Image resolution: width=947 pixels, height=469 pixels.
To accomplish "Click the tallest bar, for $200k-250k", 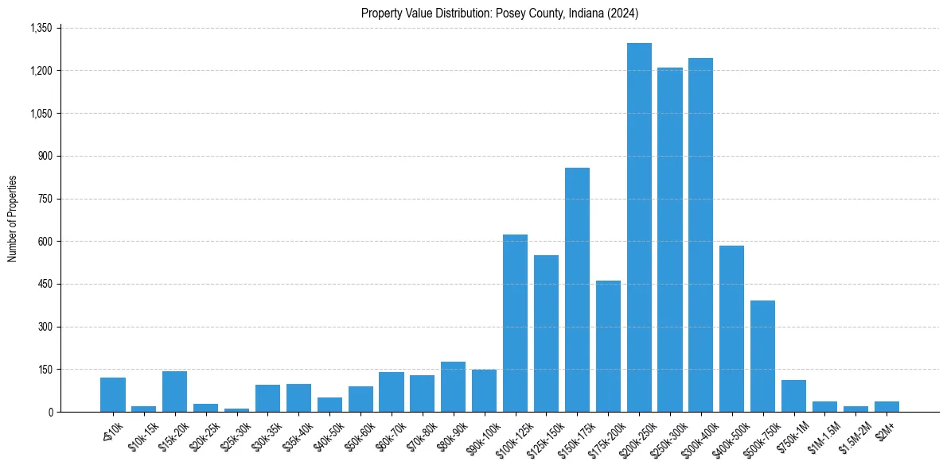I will tap(639, 227).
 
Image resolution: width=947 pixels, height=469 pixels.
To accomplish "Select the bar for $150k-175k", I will tap(577, 290).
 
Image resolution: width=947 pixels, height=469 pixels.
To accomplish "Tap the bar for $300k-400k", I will tap(700, 235).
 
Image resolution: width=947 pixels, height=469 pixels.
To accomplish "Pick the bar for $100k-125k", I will tap(515, 324).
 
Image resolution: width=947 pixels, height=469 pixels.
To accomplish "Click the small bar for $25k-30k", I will tap(236, 409).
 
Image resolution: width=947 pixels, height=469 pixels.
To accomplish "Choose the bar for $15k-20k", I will tap(174, 392).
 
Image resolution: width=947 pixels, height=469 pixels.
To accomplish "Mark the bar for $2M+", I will tap(887, 407).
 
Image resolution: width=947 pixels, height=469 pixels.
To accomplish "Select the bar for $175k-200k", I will tap(608, 347).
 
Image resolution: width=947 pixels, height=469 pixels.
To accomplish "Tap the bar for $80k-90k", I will tap(453, 387).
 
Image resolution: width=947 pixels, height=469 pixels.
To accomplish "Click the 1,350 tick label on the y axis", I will tap(41, 29).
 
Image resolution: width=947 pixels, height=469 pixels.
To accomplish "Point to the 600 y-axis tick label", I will tap(45, 242).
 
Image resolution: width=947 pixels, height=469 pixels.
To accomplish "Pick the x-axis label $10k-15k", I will tap(143, 432).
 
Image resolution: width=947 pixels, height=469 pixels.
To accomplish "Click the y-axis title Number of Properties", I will tap(13, 219).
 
